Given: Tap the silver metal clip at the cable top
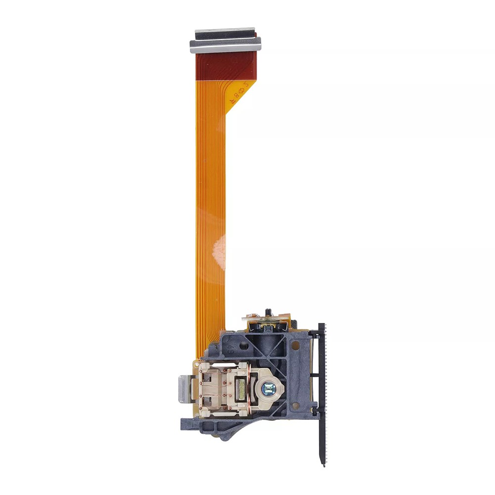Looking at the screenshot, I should click(225, 45).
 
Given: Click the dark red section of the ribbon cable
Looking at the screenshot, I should click(225, 67).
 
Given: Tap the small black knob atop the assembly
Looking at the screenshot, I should click(268, 312).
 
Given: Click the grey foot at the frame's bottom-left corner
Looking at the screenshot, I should click(187, 423).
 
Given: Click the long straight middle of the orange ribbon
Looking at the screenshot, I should click(211, 208).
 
